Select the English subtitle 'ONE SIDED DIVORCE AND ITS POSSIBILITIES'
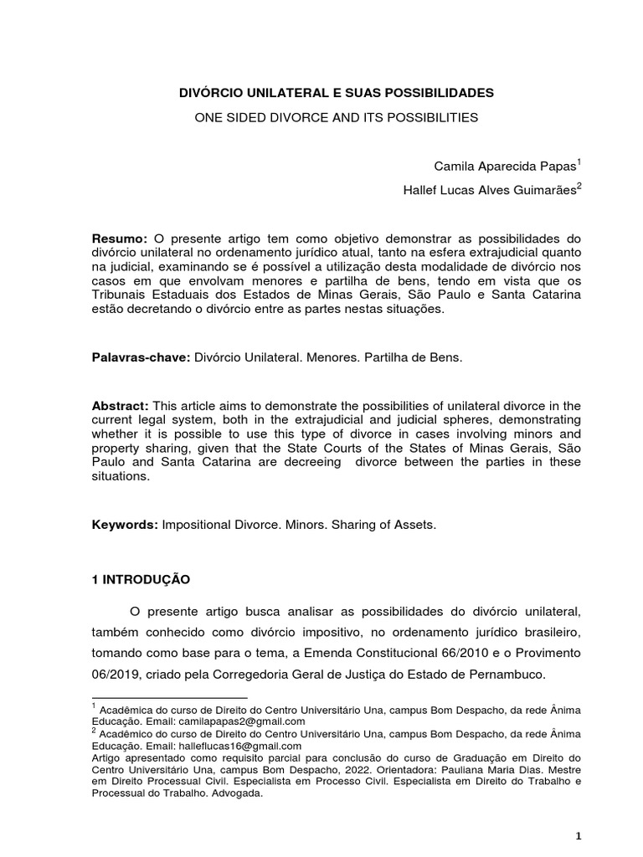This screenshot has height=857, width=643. coord(337,118)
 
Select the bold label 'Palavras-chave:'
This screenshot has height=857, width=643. coord(141,357)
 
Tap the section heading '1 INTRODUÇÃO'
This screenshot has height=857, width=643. coord(141,579)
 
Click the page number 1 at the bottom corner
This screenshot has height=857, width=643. coord(578,836)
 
